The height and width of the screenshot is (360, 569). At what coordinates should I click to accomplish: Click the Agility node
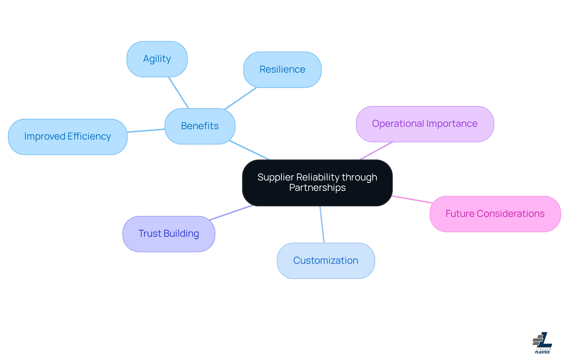157,59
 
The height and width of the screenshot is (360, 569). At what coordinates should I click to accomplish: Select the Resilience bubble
282,70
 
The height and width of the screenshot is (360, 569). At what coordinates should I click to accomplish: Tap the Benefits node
200,126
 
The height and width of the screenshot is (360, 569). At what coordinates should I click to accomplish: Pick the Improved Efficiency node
68,137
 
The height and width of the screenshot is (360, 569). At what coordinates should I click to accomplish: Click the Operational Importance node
425,124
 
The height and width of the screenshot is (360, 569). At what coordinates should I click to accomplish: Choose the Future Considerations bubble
495,214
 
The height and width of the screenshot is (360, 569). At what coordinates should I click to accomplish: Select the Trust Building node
169,234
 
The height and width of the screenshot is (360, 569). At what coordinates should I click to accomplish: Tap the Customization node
326,261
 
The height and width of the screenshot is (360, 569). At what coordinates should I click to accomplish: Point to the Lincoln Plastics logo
542,343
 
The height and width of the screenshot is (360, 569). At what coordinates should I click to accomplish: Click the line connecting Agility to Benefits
178,93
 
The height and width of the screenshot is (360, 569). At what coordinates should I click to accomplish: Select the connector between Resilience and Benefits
241,98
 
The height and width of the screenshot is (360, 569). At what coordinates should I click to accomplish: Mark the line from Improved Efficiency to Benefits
146,131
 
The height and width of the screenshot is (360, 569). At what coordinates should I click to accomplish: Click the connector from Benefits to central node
250,150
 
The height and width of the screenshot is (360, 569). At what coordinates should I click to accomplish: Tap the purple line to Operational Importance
376,151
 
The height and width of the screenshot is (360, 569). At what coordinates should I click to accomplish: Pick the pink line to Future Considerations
412,199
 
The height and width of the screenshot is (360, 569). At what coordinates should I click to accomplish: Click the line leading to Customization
322,225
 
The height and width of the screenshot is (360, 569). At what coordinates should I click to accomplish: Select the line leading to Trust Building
231,213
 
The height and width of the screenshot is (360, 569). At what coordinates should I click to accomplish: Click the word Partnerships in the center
317,188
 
